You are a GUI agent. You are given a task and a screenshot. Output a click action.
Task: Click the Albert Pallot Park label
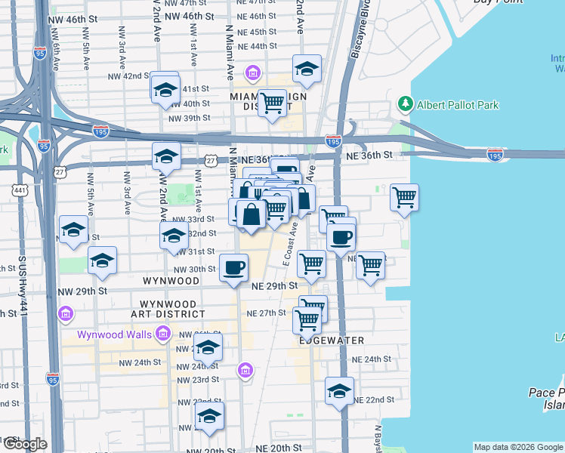pyautogui.click(x=458, y=105)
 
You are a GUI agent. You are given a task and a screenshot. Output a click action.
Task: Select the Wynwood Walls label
pyautogui.click(x=115, y=334)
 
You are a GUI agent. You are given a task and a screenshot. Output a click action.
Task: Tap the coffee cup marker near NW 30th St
pyautogui.click(x=234, y=267)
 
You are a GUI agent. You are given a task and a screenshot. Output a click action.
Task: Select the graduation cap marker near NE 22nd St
pyautogui.click(x=339, y=391)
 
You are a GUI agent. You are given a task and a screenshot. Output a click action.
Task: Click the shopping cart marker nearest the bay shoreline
pyautogui.click(x=404, y=198)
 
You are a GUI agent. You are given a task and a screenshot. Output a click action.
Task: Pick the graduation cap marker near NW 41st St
pyautogui.click(x=165, y=90)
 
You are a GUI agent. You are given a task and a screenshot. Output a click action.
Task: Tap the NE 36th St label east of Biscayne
pyautogui.click(x=369, y=155)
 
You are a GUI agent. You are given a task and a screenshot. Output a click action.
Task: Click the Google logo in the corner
pyautogui.click(x=23, y=444)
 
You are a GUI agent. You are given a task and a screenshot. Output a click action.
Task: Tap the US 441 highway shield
pyautogui.click(x=20, y=190)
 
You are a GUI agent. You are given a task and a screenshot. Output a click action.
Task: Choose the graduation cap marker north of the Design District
pyautogui.click(x=307, y=69)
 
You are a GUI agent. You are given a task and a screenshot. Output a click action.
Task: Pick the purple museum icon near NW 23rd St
pyautogui.click(x=244, y=370)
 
